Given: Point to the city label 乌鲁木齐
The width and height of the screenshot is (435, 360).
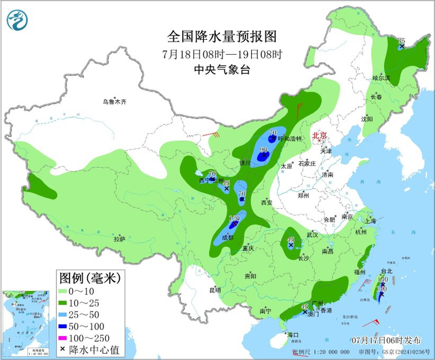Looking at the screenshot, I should (115, 101).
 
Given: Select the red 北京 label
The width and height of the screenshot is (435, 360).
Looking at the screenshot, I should (319, 135).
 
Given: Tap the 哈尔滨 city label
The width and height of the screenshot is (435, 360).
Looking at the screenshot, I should (381, 78).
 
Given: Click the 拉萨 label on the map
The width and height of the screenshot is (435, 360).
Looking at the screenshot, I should (119, 239).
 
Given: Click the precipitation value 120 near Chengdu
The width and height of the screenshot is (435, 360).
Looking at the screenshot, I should (234, 219).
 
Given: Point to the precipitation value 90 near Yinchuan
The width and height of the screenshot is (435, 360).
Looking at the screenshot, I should (263, 150).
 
